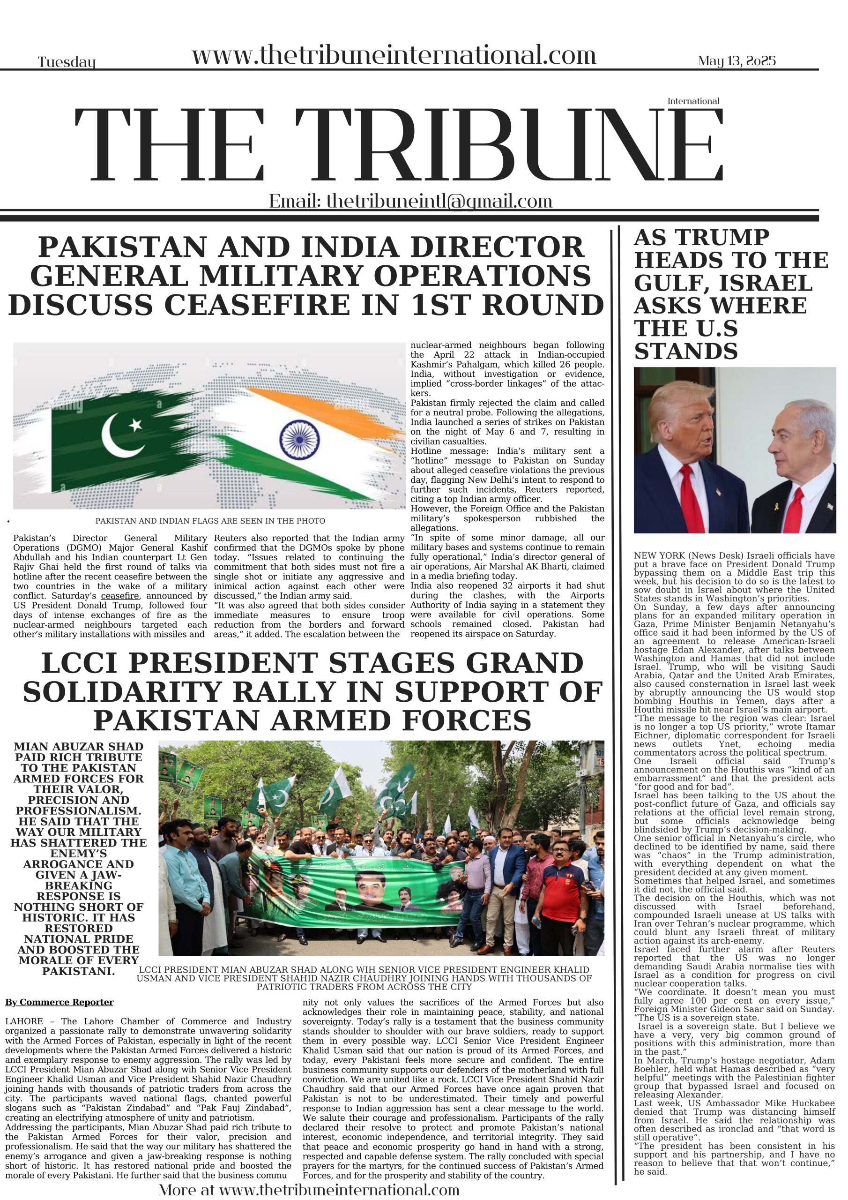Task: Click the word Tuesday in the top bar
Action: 67,63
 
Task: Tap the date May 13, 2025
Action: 736,61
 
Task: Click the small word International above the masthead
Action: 693,101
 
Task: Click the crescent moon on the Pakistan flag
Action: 121,435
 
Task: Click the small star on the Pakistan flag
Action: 135,424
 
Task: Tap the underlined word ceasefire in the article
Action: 119,596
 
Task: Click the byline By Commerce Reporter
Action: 59,1002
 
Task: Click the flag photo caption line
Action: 210,521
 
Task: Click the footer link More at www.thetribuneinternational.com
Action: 309,1190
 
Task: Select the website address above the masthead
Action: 394,55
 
